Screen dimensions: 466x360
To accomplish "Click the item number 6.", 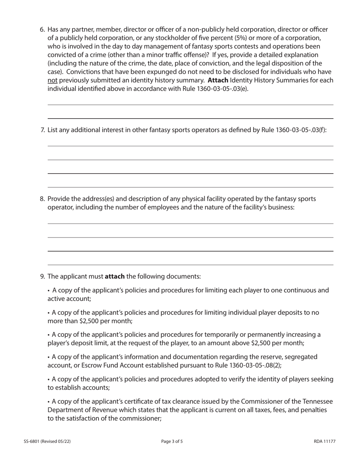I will pos(42,30).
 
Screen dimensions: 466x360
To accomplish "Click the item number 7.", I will pos(42,130).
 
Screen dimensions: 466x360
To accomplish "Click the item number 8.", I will pos(42,199).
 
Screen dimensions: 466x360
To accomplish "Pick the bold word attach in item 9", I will pos(114,276).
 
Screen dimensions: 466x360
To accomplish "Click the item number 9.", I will pos(42,276).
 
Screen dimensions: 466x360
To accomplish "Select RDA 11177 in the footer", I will pos(325,441).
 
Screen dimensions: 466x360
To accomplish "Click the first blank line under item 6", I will pos(190,105).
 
